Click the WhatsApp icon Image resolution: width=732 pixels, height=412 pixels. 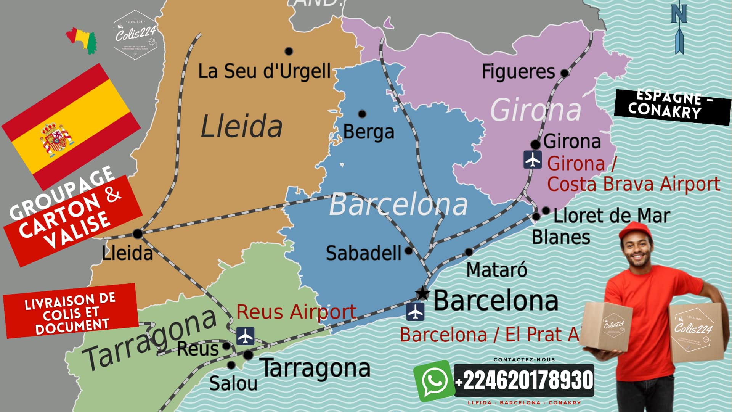click(x=434, y=381)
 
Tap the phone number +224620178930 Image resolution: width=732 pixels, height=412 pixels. click(x=524, y=380)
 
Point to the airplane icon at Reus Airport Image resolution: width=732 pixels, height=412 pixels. click(x=245, y=336)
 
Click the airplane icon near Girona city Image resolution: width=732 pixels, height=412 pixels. click(x=532, y=159)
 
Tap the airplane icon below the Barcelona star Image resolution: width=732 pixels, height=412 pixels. click(x=415, y=312)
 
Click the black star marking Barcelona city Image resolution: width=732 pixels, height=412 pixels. click(x=422, y=294)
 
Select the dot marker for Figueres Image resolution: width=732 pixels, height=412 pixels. click(x=564, y=72)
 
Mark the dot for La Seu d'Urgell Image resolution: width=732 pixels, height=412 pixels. click(x=289, y=51)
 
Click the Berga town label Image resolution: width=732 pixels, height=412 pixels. click(x=368, y=132)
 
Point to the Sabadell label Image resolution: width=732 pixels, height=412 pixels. click(x=363, y=253)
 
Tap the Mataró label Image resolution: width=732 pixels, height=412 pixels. click(x=496, y=270)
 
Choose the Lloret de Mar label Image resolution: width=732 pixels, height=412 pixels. click(x=612, y=216)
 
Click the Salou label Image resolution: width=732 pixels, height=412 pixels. click(x=233, y=383)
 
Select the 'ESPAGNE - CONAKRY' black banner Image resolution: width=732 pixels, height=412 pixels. click(x=672, y=106)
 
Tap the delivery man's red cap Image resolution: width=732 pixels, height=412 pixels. click(x=634, y=230)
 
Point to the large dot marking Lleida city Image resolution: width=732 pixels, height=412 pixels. click(x=138, y=233)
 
